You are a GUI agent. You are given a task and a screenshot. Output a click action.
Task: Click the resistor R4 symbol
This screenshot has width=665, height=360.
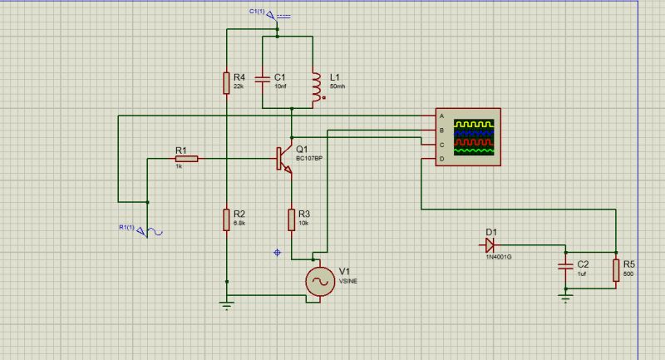point(226,82)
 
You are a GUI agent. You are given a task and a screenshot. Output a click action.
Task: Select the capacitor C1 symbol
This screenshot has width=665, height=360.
point(262,81)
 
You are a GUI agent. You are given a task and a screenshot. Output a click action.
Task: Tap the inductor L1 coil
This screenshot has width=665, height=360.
point(315,86)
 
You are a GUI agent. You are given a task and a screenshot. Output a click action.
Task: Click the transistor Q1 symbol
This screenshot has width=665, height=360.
point(283,159)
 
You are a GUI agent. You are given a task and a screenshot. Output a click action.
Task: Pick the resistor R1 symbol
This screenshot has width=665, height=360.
point(186,158)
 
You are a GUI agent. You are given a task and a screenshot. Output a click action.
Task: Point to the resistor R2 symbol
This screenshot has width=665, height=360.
point(226,219)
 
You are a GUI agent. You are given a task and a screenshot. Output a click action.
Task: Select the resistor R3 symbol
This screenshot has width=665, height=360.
point(292,219)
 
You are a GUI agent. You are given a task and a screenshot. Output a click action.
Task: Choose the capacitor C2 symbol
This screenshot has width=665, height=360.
point(565,267)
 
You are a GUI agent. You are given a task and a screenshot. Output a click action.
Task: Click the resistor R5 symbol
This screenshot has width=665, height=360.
point(615,270)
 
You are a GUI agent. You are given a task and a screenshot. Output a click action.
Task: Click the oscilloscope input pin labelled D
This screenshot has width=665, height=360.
point(441,158)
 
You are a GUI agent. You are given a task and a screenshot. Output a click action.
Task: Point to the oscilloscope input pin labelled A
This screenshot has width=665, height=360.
point(441,116)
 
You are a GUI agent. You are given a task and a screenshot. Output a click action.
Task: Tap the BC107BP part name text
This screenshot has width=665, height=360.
point(309,158)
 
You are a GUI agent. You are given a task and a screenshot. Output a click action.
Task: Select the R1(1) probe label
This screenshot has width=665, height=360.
point(126,227)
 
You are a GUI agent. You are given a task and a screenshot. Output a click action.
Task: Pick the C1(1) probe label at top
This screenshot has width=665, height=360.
point(257,11)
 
